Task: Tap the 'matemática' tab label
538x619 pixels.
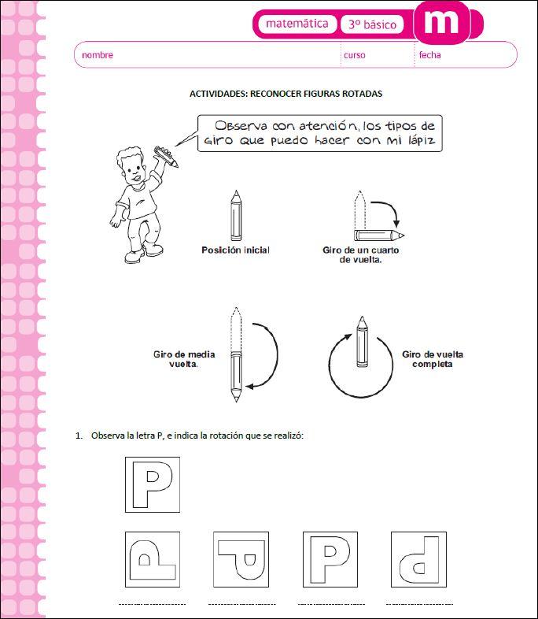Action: (297, 24)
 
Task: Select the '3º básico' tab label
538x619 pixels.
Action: (373, 25)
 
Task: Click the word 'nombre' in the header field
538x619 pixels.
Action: (98, 55)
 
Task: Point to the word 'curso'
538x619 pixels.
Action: (354, 55)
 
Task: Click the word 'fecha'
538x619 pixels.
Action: (429, 55)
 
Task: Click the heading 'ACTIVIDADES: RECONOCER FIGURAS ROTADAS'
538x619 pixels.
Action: (286, 94)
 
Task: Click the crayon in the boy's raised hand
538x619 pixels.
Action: (167, 155)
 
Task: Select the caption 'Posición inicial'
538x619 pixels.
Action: (235, 250)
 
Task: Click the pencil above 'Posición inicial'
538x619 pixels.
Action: (235, 215)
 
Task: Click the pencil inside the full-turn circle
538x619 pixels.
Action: (361, 342)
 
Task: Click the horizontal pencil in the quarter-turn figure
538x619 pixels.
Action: (379, 235)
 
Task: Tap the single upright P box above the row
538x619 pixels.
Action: (153, 484)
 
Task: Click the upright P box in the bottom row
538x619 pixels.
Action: (330, 558)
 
